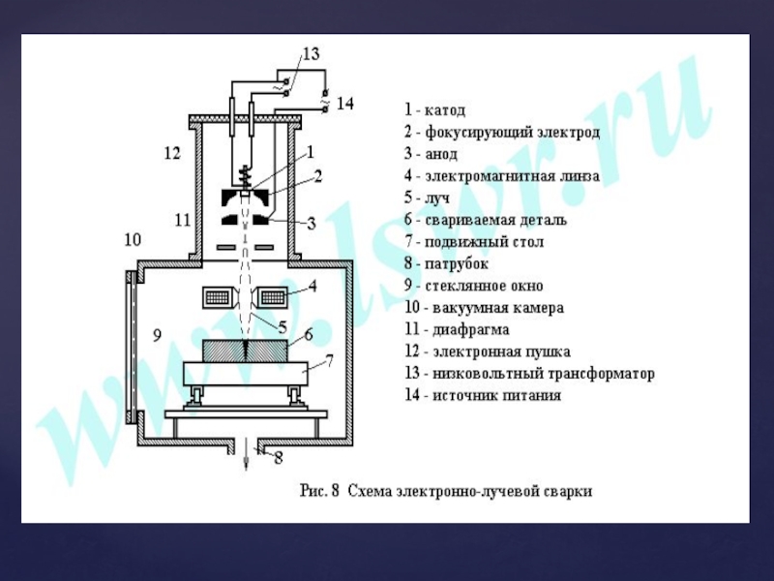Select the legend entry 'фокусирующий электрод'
[x=502, y=132]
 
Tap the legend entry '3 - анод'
[x=432, y=154]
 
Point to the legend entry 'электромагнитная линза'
[x=502, y=176]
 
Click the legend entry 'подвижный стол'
[x=473, y=242]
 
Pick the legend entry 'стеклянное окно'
[x=474, y=286]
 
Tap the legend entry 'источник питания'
[x=482, y=395]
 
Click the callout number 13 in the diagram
[x=310, y=54]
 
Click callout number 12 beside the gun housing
[x=172, y=153]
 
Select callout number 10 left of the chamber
[x=133, y=238]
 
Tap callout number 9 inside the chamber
[x=156, y=336]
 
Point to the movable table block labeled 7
[x=246, y=372]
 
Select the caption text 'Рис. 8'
[x=319, y=490]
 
